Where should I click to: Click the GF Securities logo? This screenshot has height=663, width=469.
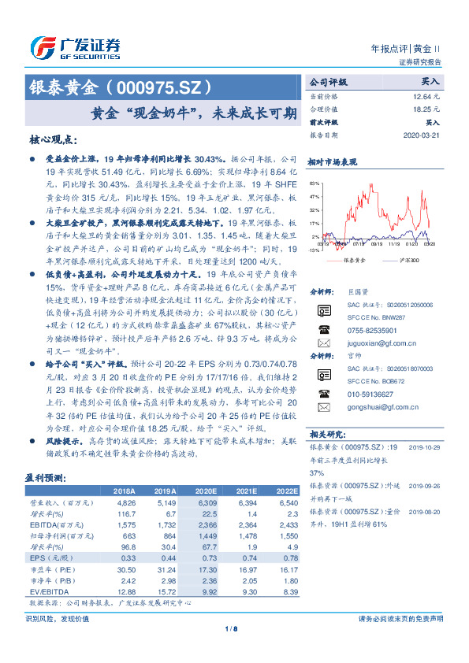tap(75, 47)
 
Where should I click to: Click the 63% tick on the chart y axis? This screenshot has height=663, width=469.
tap(315, 183)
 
